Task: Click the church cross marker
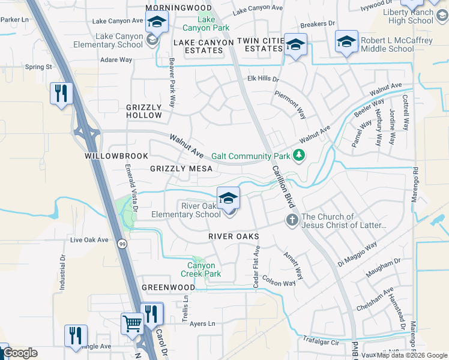point(292,220)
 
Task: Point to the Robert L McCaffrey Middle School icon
point(346,41)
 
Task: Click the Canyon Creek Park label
point(200,269)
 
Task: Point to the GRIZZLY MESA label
point(181,169)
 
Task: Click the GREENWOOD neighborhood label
point(168,287)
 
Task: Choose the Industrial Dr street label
point(62,272)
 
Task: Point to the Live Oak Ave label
point(89,240)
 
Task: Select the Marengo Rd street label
point(415,186)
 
